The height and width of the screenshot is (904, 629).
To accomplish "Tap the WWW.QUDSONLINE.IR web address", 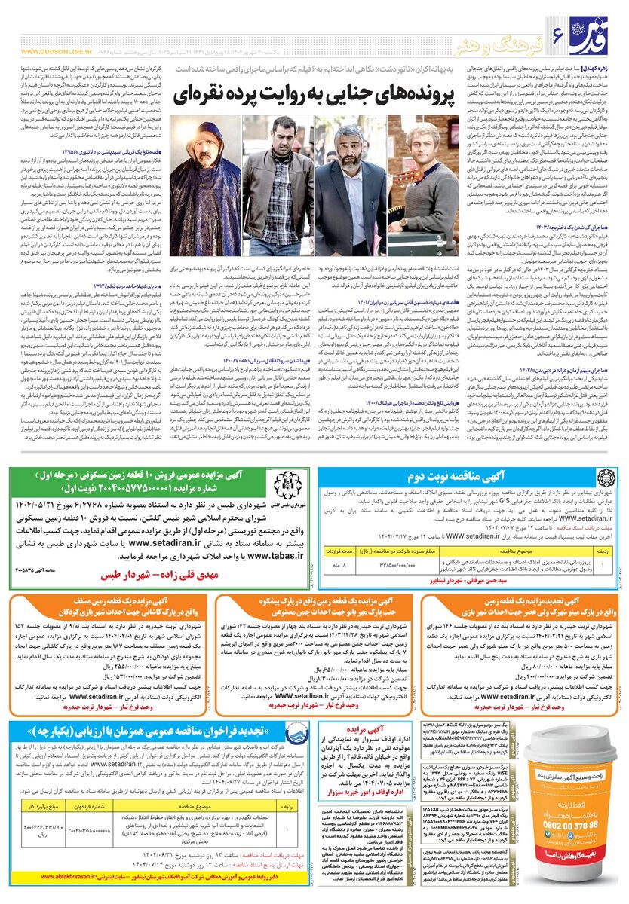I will [56, 52].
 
